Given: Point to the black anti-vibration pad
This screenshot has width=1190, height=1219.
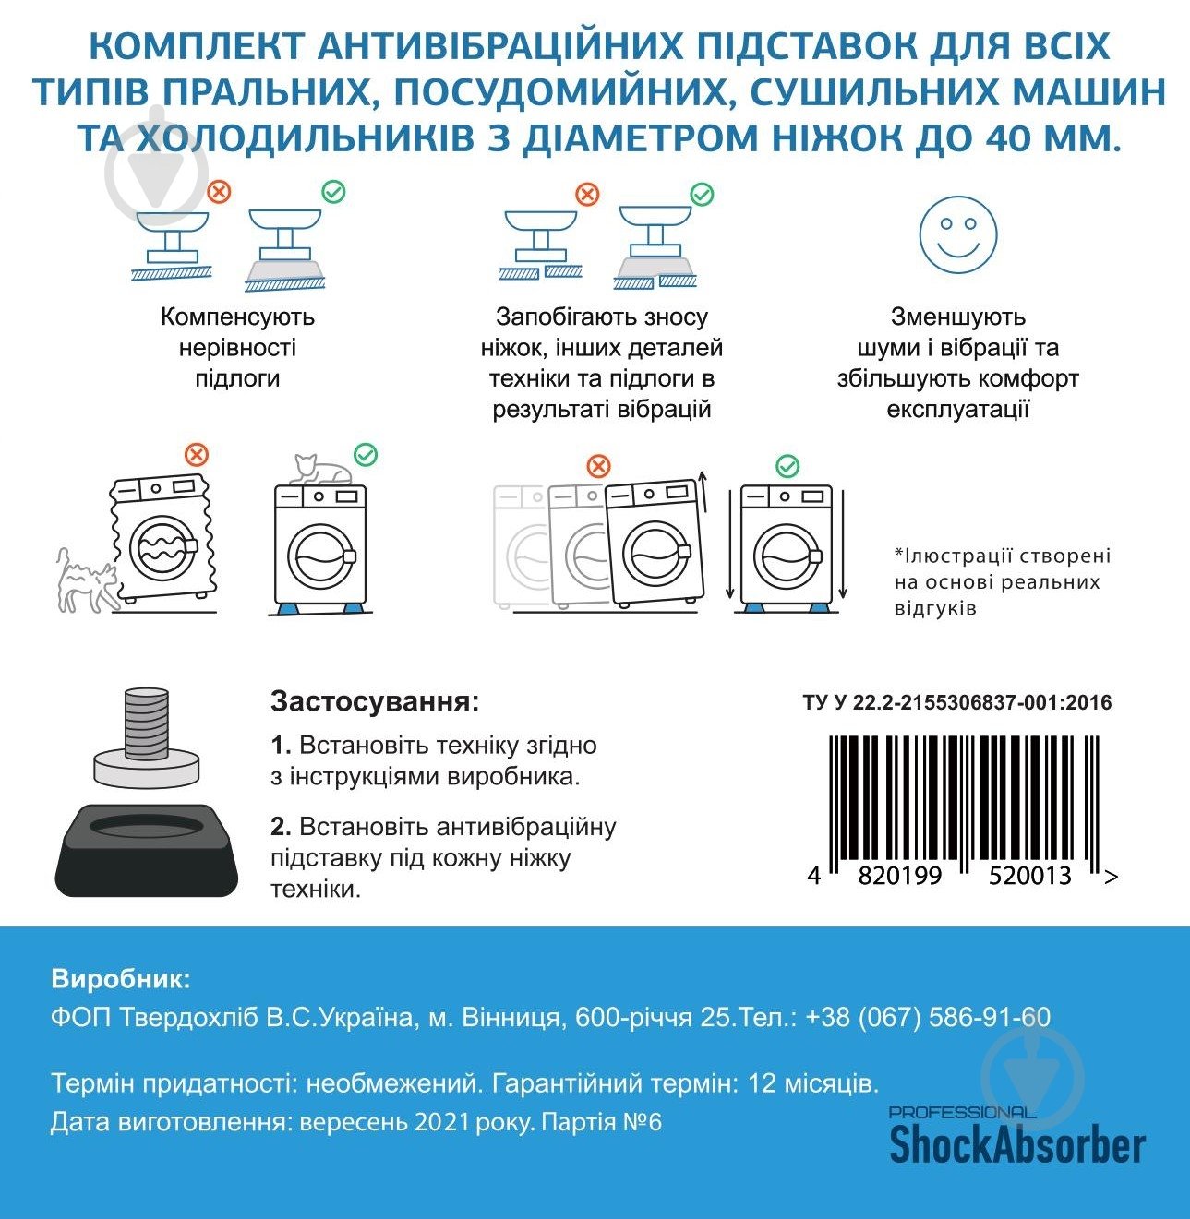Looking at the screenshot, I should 146,845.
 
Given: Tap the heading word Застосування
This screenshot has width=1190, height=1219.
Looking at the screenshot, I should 375,702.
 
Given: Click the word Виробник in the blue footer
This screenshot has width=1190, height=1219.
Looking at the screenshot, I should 121,978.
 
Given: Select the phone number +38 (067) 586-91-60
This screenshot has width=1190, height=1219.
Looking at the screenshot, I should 928,1017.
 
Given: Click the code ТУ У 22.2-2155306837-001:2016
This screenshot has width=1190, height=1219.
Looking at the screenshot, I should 957,703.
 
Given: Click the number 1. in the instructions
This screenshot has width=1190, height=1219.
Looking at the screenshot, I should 281,746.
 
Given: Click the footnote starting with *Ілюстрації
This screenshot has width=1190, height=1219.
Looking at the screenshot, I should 1002,581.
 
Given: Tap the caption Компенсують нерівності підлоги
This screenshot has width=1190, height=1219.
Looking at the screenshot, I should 237,347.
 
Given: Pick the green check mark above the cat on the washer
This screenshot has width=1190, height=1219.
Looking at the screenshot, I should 366,455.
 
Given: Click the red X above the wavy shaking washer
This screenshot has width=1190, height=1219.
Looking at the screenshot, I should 197,454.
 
